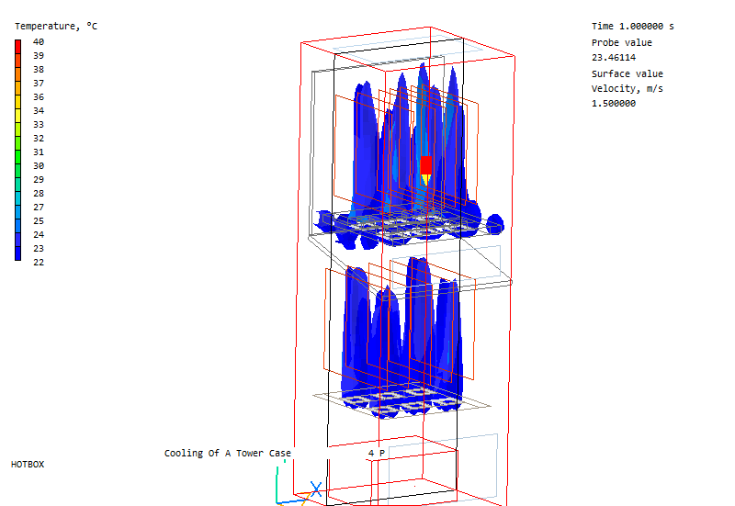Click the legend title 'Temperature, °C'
click(56, 27)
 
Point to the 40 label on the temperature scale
click(39, 41)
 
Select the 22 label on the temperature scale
click(39, 263)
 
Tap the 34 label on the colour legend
click(39, 110)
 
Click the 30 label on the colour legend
click(39, 166)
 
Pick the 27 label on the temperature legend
click(39, 208)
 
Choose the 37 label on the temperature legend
click(39, 83)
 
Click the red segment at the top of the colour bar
click(17, 47)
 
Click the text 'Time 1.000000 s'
click(632, 27)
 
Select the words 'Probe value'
click(622, 42)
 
